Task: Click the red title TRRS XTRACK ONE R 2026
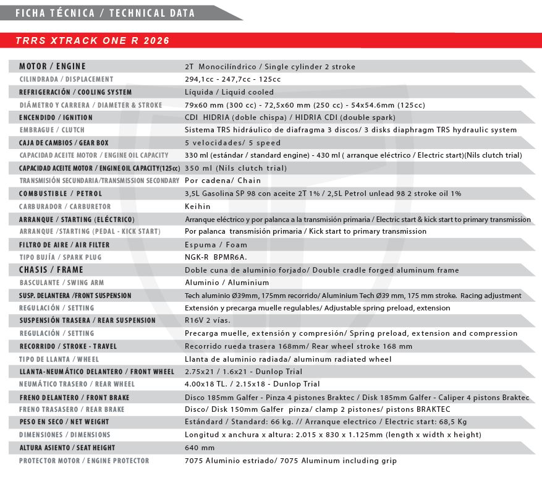click(x=92, y=41)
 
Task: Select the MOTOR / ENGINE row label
click(x=53, y=66)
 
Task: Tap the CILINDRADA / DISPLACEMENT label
click(x=66, y=79)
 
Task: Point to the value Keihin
click(x=198, y=206)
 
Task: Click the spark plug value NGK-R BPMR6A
click(x=216, y=257)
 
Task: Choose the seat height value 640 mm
click(x=200, y=448)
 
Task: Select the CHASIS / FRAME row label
click(x=51, y=270)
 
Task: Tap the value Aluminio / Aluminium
click(x=218, y=282)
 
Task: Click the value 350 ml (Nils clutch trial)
click(x=235, y=168)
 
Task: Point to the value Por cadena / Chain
click(x=222, y=181)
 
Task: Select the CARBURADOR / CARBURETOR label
click(x=65, y=206)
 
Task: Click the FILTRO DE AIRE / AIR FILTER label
click(x=64, y=244)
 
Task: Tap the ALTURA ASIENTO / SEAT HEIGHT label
click(x=67, y=448)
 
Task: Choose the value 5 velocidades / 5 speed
click(x=232, y=143)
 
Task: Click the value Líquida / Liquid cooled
click(x=229, y=92)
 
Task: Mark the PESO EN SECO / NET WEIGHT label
click(x=64, y=422)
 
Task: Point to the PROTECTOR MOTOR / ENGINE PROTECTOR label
click(x=83, y=461)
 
